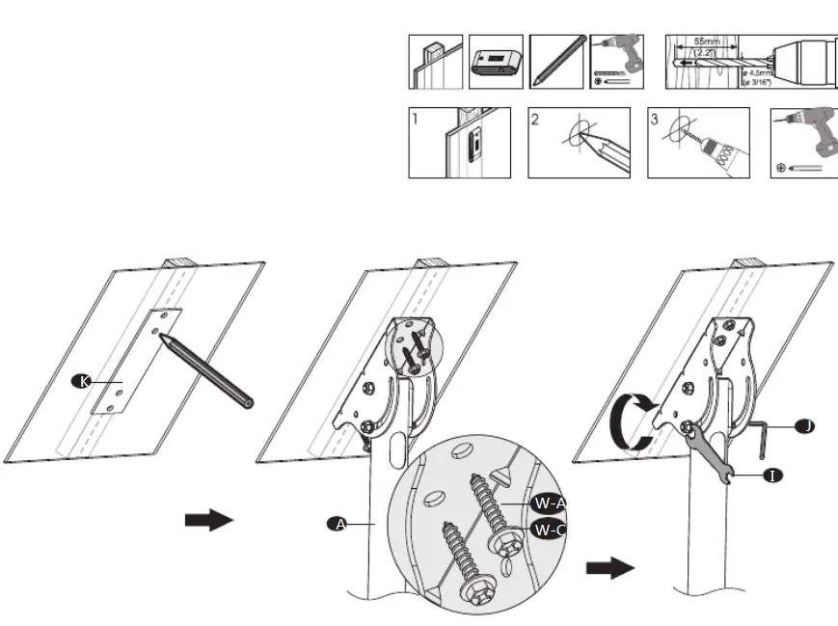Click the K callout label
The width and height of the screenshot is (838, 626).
coord(84,381)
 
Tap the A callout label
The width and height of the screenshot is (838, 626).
coord(337,524)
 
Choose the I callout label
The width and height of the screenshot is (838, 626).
coord(773,476)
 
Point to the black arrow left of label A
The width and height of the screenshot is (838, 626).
coord(208,521)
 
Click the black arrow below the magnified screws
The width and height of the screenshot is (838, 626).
coord(611,567)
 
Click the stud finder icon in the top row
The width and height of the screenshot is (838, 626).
coord(496,63)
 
